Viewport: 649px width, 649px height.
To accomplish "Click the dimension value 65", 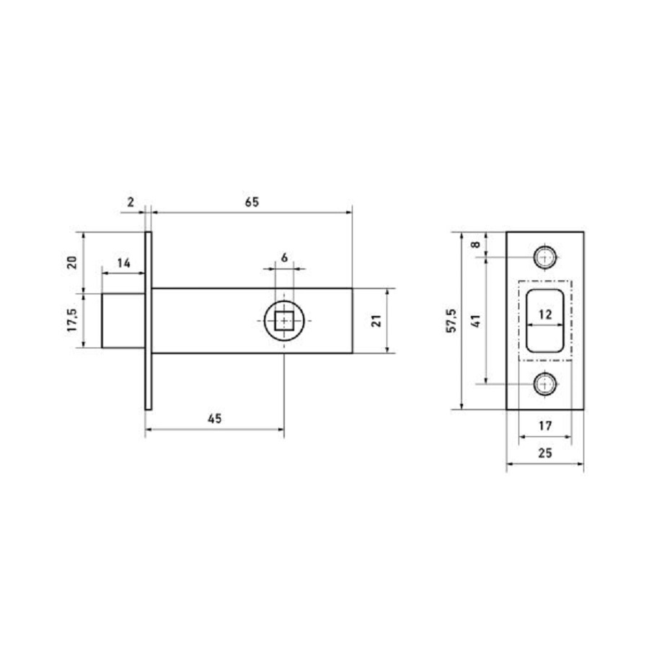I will tap(250, 203).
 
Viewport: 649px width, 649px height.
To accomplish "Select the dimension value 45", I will tap(214, 418).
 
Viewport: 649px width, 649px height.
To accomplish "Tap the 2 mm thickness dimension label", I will tap(131, 203).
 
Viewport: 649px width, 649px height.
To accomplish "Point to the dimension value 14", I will tap(123, 263).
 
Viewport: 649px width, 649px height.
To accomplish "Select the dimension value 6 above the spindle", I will tap(284, 257).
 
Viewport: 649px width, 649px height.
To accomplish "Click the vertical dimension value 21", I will tap(376, 321).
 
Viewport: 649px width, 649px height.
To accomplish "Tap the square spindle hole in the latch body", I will tap(285, 320).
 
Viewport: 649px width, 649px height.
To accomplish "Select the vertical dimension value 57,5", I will tap(452, 321).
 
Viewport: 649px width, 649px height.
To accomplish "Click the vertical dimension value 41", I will tap(476, 321).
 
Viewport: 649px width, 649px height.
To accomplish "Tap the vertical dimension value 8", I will tap(476, 244).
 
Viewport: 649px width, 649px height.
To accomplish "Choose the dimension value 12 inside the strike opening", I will tap(545, 314).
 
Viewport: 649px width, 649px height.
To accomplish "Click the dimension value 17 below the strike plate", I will tap(545, 426).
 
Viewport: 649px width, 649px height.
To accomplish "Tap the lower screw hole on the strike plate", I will tap(545, 384).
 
